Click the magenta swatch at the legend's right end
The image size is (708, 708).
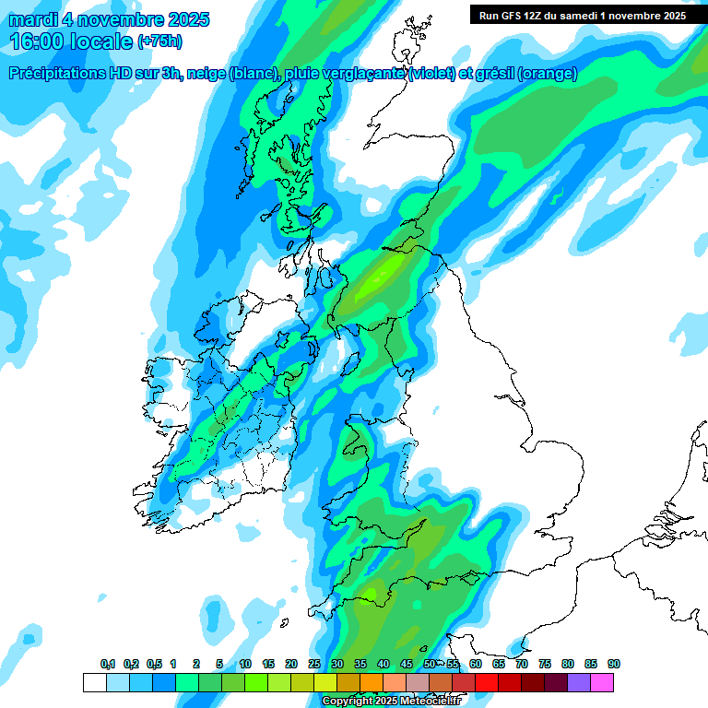click(603, 682)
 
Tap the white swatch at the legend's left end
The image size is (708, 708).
click(94, 682)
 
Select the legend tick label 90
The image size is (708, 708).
click(614, 664)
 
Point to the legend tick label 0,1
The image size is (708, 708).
click(108, 664)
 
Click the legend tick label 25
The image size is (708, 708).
click(314, 664)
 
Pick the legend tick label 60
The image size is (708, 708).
click(476, 664)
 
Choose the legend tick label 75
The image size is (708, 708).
click(545, 664)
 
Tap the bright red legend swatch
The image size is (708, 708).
click(510, 682)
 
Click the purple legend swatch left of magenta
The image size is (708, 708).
click(580, 682)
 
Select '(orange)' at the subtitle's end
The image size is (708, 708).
click(548, 74)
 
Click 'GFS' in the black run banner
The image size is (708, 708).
click(518, 16)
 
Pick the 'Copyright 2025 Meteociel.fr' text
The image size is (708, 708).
click(390, 701)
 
